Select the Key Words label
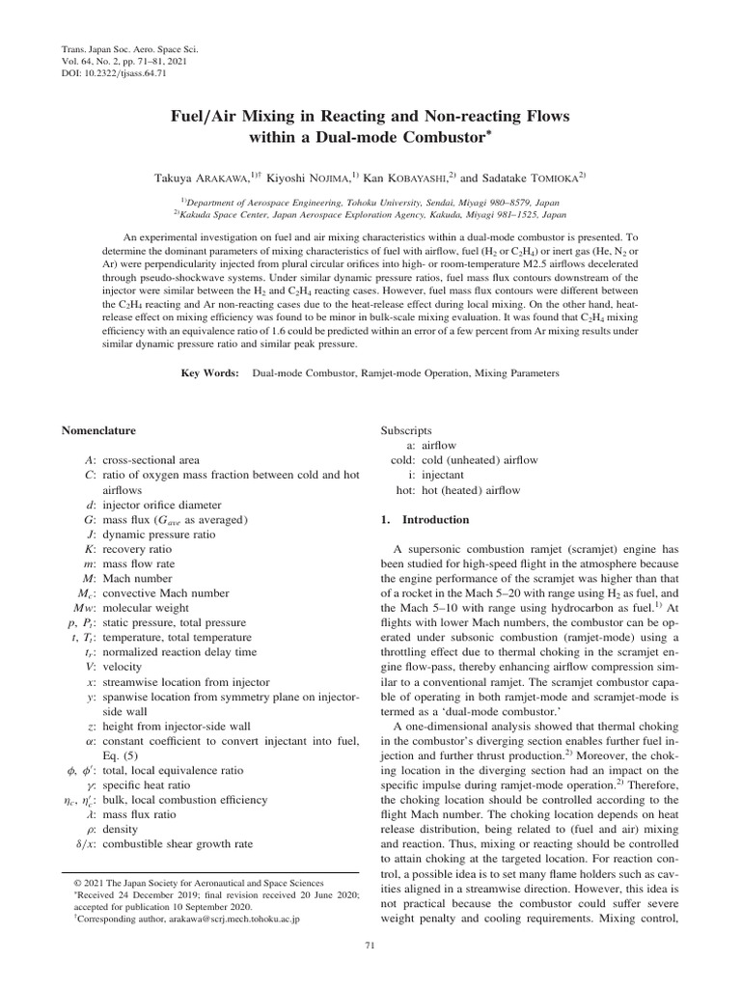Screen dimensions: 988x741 coord(210,372)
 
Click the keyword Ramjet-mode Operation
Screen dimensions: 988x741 coord(396,372)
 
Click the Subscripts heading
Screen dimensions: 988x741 coord(406,429)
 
